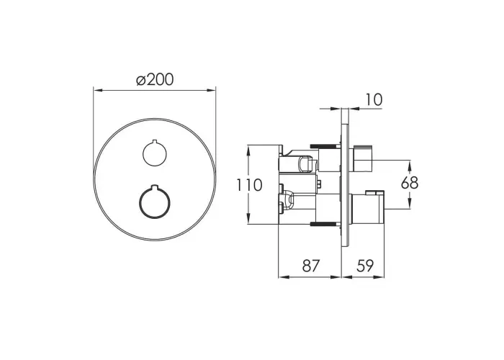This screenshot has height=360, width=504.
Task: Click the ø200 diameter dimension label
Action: click(155, 80)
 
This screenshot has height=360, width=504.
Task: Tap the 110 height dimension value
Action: click(249, 185)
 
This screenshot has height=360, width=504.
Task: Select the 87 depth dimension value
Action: click(312, 266)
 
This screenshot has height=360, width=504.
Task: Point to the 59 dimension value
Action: click(365, 266)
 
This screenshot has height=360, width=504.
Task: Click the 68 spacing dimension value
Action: click(410, 183)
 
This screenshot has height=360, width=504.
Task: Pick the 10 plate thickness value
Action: click(374, 99)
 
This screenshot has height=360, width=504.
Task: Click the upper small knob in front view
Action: click(155, 153)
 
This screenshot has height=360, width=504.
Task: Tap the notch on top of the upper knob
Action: click(155, 141)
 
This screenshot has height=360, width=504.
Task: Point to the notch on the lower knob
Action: click(155, 186)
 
